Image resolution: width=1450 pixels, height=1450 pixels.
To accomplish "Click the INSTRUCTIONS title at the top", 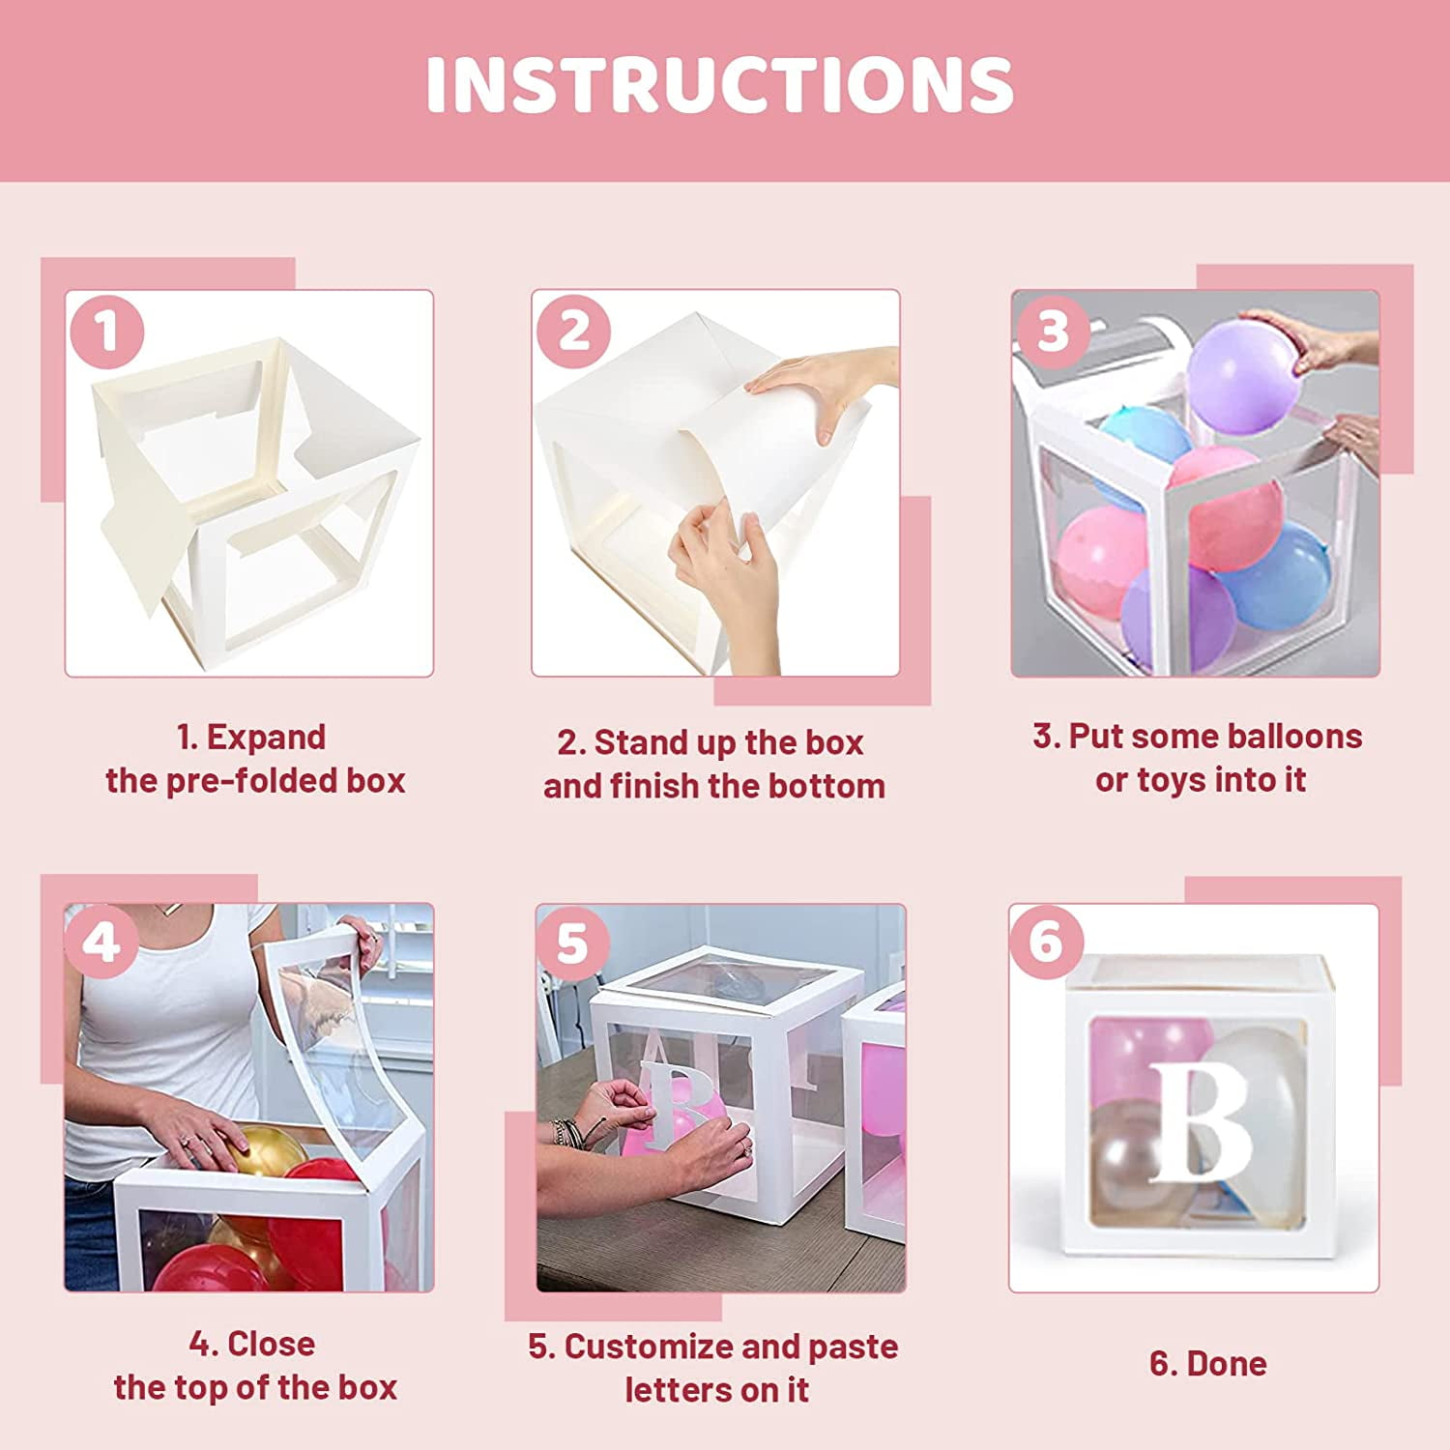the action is click(720, 85).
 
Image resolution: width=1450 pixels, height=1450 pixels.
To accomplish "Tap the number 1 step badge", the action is click(107, 331).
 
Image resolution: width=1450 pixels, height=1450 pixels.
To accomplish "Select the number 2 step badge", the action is click(574, 331).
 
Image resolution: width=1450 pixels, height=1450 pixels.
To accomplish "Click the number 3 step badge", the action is click(1053, 331).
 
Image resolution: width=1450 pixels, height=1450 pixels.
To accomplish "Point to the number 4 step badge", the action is click(101, 942).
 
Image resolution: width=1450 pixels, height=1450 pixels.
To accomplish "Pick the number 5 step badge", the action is click(572, 942).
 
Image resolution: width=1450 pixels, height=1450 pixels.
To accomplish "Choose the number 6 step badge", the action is click(1046, 940).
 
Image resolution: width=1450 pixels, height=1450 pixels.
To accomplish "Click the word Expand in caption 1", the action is click(266, 739).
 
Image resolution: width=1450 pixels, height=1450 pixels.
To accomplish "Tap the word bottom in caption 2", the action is click(826, 786).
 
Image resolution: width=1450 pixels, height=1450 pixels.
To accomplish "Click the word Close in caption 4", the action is click(272, 1344).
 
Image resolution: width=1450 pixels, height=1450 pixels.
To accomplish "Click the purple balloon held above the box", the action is click(1241, 378).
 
